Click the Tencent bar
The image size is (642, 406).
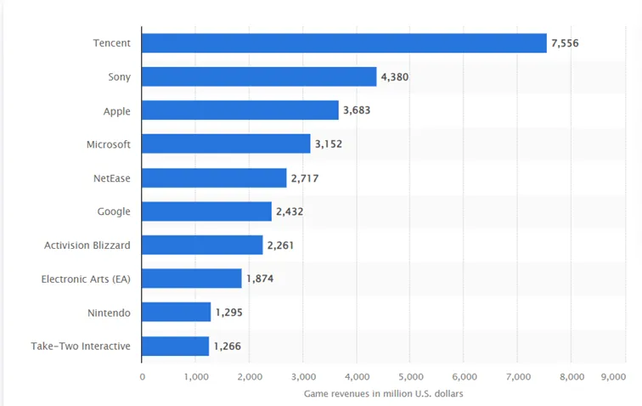pyautogui.click(x=344, y=43)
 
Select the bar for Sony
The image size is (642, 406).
pyautogui.click(x=259, y=76)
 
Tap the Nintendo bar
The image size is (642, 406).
pyautogui.click(x=176, y=312)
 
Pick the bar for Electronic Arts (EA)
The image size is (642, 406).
pyautogui.click(x=192, y=279)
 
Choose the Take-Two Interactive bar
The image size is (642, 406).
pyautogui.click(x=175, y=347)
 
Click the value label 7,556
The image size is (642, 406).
pyautogui.click(x=565, y=43)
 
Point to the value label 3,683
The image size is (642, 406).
pyautogui.click(x=357, y=110)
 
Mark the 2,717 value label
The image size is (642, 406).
pyautogui.click(x=305, y=178)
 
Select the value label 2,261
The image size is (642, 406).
pyautogui.click(x=280, y=245)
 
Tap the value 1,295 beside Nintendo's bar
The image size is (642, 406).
pyautogui.click(x=229, y=313)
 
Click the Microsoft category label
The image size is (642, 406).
pyautogui.click(x=109, y=144)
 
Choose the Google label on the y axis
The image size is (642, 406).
pyautogui.click(x=114, y=211)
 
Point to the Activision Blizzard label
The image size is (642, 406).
pyautogui.click(x=87, y=245)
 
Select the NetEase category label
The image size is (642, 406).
pyautogui.click(x=112, y=178)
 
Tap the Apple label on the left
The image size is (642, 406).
pyautogui.click(x=116, y=111)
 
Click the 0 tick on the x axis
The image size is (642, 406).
pyautogui.click(x=142, y=376)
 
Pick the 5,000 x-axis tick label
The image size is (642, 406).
pyautogui.click(x=411, y=376)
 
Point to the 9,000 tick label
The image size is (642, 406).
pyautogui.click(x=613, y=376)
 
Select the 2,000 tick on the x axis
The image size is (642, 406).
pyautogui.click(x=250, y=376)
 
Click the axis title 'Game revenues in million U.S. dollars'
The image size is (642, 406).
pyautogui.click(x=383, y=394)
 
